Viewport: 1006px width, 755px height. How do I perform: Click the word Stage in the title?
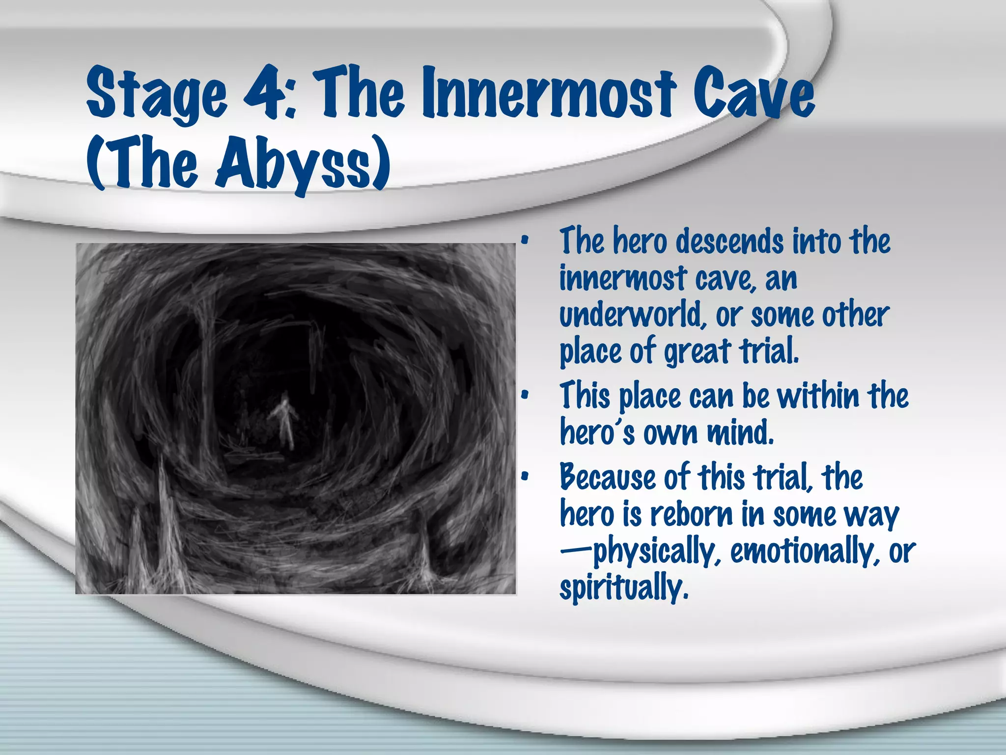point(157,96)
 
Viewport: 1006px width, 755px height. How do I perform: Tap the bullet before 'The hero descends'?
point(525,241)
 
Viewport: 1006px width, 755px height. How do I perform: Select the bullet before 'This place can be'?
point(525,395)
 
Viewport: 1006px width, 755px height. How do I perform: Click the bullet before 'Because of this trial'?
point(525,476)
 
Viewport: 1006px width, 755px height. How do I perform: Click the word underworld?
point(631,315)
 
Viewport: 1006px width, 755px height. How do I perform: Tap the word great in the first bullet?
point(698,352)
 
